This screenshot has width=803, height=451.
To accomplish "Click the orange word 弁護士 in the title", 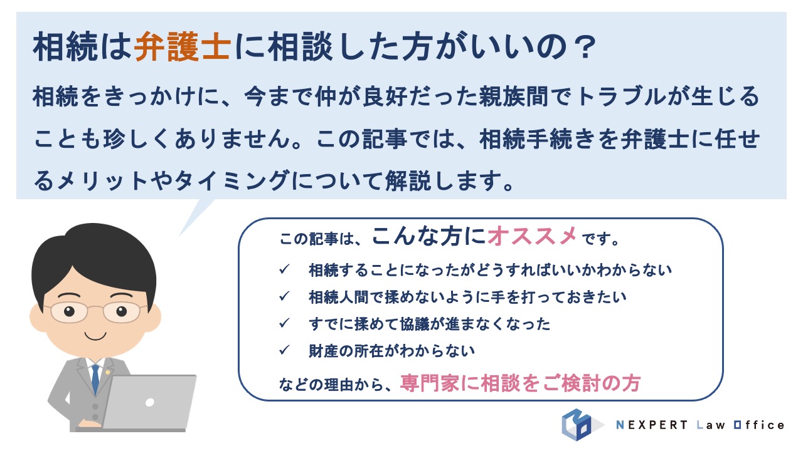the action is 182,46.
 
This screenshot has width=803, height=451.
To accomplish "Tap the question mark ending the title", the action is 584,47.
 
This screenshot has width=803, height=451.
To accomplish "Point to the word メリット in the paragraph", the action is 102,180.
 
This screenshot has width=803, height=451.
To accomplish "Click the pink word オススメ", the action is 532,236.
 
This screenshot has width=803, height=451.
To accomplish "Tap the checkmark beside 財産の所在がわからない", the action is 284,350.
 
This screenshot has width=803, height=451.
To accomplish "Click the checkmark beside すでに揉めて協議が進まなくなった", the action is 284,323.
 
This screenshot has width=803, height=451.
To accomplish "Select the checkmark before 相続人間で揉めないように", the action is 284,296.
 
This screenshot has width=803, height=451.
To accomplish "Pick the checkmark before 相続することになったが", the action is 284,269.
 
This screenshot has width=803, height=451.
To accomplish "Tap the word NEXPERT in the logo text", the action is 652,425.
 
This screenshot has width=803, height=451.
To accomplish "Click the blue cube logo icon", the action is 577,425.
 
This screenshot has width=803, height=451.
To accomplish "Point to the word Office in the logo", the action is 759,425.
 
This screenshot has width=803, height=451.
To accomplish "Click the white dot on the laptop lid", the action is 150,402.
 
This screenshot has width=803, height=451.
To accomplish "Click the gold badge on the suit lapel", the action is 107,372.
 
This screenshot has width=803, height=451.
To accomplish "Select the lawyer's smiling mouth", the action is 95,336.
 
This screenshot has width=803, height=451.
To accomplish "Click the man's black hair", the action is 94,257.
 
